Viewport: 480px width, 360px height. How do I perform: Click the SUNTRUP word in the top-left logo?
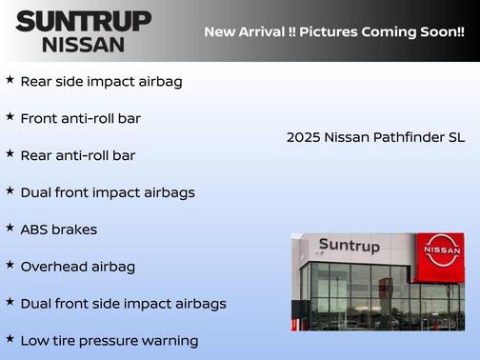pos(83,21)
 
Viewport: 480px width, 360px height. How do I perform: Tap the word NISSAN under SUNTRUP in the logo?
pos(83,44)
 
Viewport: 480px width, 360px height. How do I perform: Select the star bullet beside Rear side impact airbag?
pos(10,80)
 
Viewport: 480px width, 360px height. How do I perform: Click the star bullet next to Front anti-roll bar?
pos(10,117)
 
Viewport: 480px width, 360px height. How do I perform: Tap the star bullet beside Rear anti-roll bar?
pos(10,153)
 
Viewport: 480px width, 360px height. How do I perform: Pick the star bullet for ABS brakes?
pos(10,229)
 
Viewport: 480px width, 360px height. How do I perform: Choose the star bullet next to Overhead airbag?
pos(10,266)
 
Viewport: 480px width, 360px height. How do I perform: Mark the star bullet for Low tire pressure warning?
pos(10,339)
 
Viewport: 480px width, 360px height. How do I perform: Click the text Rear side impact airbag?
pos(101,82)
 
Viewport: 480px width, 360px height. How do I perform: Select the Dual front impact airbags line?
pos(108,192)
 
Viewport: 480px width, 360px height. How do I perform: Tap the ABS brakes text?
pos(59,230)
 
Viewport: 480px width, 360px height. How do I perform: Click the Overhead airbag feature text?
pos(78,267)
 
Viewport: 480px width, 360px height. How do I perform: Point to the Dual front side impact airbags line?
pos(124,304)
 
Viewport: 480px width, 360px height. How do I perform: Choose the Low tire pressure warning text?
pos(110,341)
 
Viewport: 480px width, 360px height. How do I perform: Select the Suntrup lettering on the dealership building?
pos(349,246)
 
